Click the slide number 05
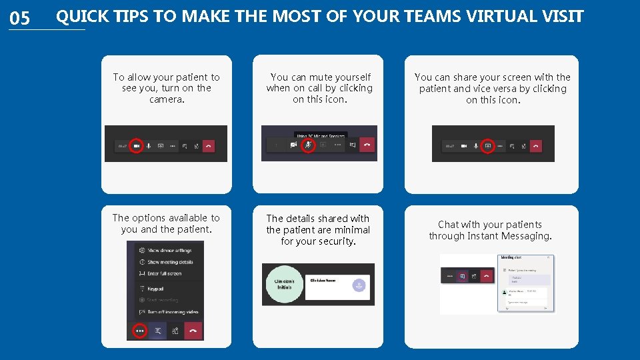[x=20, y=18]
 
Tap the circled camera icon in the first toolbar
[x=136, y=145]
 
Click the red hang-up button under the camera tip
[x=208, y=145]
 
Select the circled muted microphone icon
[x=308, y=144]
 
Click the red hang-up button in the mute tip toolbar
[x=367, y=143]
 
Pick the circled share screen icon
[x=487, y=145]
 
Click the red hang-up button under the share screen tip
[x=535, y=145]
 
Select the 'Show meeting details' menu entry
[x=169, y=262]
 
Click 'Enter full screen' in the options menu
[x=164, y=273]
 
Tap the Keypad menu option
[x=155, y=289]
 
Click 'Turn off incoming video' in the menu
[x=173, y=312]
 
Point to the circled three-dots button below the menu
[x=139, y=330]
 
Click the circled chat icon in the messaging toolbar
[x=461, y=275]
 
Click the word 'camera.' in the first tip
[x=167, y=99]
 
